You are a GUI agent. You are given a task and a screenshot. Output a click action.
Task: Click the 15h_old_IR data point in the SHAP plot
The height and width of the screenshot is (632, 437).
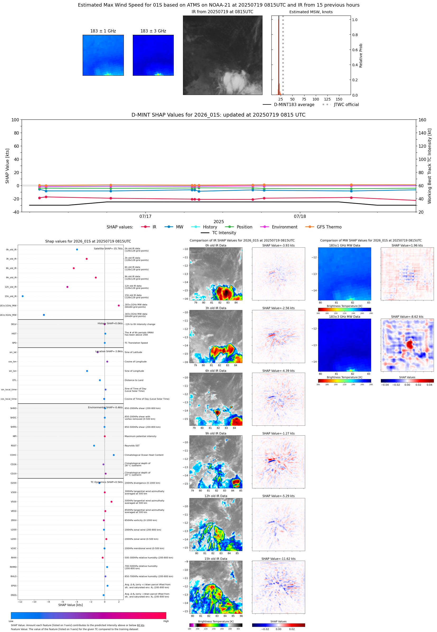click(22, 296)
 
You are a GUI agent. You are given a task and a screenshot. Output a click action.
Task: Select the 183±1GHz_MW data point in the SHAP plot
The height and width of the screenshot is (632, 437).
click(119, 305)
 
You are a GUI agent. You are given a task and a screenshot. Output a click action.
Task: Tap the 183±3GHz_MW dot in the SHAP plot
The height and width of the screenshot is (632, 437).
click(44, 315)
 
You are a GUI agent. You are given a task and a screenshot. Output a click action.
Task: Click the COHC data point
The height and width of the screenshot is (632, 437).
click(114, 455)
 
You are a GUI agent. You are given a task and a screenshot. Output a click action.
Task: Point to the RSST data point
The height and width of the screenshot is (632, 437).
click(94, 446)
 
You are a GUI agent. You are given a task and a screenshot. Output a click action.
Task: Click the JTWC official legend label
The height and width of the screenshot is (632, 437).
click(346, 104)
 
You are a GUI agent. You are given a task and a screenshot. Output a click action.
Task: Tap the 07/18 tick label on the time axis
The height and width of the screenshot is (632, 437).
click(300, 216)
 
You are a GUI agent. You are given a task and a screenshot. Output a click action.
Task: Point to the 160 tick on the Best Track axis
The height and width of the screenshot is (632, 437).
click(422, 120)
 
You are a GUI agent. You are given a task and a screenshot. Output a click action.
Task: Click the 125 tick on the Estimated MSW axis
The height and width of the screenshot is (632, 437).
click(327, 99)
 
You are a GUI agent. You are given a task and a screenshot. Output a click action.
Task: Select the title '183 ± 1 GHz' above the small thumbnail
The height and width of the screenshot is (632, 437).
click(103, 31)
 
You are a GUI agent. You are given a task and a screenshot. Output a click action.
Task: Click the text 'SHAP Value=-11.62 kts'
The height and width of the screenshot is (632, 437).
click(278, 559)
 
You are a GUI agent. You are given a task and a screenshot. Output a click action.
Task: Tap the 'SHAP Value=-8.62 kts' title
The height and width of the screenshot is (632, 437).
click(407, 317)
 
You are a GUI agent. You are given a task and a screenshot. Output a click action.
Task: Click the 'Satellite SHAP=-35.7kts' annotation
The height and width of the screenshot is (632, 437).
click(108, 248)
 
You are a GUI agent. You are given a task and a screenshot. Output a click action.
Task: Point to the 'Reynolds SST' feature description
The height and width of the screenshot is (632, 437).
click(132, 446)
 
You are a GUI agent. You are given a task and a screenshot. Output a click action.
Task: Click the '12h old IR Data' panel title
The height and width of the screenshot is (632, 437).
click(216, 496)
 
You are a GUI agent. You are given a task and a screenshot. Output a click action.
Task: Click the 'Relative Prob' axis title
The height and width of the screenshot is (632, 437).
click(361, 55)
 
